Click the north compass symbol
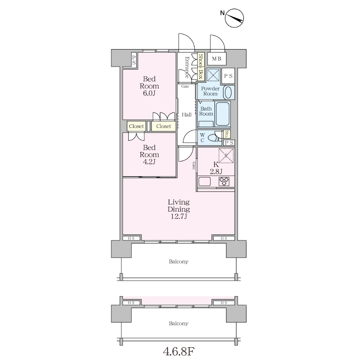(234, 18)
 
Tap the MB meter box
(217, 59)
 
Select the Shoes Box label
(201, 66)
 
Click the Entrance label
(187, 67)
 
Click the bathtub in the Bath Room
(222, 114)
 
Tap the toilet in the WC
(213, 138)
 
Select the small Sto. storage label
(227, 134)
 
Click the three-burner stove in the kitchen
(224, 181)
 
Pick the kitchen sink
(204, 182)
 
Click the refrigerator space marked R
(226, 156)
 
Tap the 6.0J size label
(149, 93)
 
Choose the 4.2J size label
(149, 162)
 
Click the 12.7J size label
(179, 216)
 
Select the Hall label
(187, 114)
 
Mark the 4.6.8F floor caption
(179, 351)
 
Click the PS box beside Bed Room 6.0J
(134, 60)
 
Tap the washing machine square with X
(213, 75)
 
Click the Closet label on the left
(136, 126)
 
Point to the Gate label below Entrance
(185, 86)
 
